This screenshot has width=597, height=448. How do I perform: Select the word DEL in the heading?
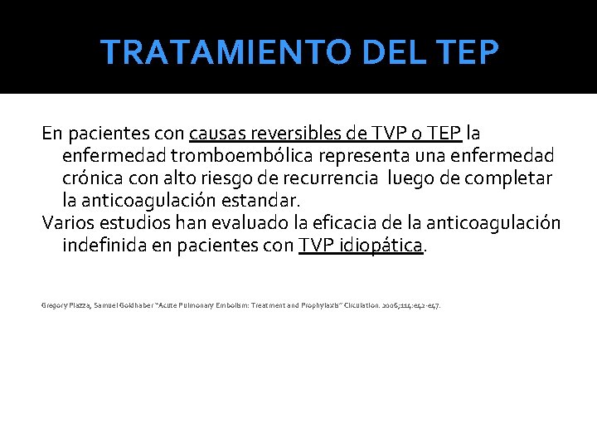[385, 52]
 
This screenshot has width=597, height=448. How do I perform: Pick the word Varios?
[67, 223]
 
